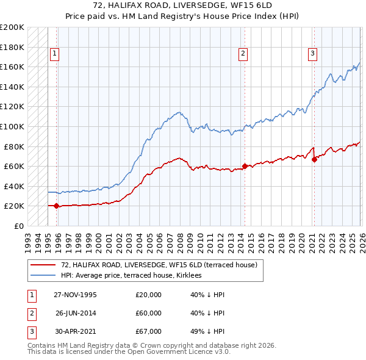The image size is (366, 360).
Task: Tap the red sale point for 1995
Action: (x=57, y=206)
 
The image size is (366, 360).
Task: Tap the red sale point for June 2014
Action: (x=245, y=166)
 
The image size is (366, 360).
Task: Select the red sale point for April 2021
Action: (x=314, y=159)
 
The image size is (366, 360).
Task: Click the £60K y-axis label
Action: (x=14, y=166)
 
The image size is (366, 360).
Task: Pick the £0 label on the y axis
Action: (x=18, y=226)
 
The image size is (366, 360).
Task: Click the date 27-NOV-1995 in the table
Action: (x=75, y=294)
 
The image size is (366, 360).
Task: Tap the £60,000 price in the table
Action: (x=148, y=313)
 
